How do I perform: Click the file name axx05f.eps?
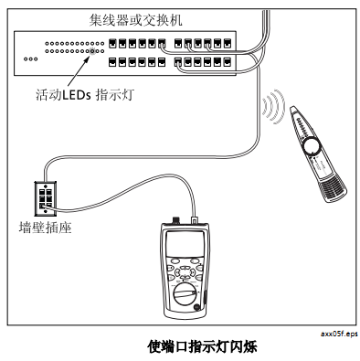point(336,334)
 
